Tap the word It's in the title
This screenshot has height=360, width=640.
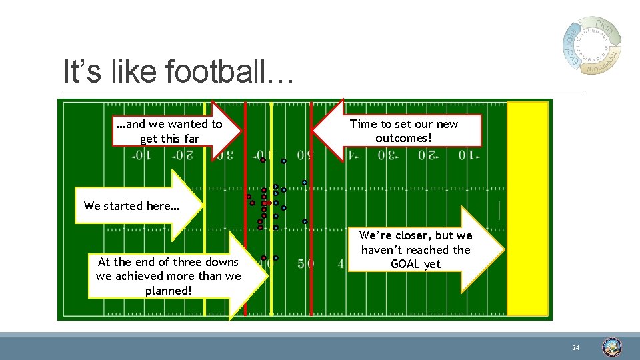[x=81, y=71]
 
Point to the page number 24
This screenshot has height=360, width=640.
[x=575, y=348]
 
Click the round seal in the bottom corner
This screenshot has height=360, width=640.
[x=612, y=347]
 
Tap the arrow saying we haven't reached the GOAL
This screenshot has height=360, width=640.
[x=420, y=250]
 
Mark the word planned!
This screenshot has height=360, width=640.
[x=169, y=290]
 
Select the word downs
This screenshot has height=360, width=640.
[x=223, y=261]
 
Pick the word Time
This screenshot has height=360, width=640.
[x=363, y=124]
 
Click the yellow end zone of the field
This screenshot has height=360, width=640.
[x=527, y=208]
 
